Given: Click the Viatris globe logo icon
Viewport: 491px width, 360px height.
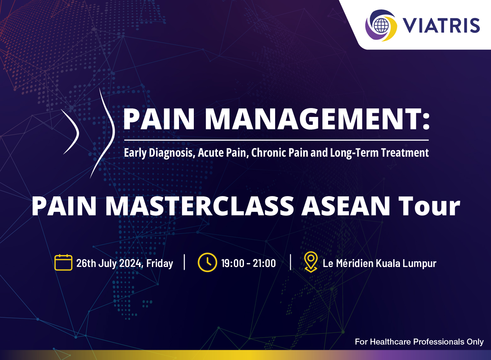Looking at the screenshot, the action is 381,26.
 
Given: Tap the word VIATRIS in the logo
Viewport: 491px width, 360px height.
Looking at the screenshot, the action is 442,26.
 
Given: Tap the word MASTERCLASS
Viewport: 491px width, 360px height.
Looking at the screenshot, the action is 200,206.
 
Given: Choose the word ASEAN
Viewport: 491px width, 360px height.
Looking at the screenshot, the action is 345,206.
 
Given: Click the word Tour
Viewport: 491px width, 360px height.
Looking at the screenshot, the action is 429,206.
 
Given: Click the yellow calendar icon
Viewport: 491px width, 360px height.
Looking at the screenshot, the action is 63,263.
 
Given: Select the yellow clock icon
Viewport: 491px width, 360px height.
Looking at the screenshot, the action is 207,263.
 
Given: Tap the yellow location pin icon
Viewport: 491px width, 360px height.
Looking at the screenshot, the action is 311,262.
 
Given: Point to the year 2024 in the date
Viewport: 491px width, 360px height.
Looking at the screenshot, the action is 130,263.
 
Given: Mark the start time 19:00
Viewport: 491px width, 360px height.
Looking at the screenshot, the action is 233,263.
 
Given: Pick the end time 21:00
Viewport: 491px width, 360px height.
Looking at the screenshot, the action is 264,263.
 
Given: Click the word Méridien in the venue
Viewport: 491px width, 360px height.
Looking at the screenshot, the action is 355,263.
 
